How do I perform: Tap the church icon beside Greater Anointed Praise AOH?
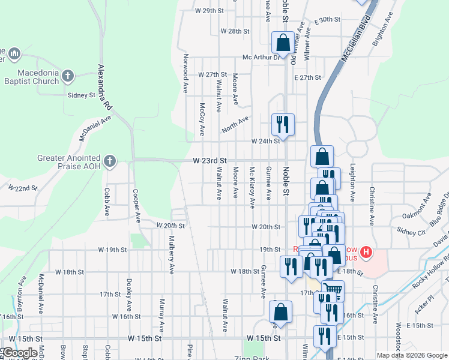(x=109, y=161)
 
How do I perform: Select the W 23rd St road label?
(x=209, y=161)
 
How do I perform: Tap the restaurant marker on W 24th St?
(x=283, y=124)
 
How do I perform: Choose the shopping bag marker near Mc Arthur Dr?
(x=282, y=43)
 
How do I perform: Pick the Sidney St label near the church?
(x=82, y=95)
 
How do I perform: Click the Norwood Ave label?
(x=185, y=74)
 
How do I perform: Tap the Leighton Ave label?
(x=353, y=182)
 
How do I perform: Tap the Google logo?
(x=20, y=353)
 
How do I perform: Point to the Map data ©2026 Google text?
(x=411, y=355)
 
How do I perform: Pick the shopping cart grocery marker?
(x=333, y=291)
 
